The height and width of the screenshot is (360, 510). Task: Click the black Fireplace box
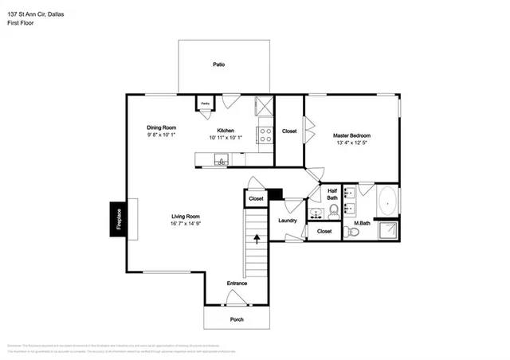(118, 217)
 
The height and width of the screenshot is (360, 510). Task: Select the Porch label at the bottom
(237, 319)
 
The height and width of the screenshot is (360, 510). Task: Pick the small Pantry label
(205, 104)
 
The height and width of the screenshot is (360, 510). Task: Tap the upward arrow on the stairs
(257, 237)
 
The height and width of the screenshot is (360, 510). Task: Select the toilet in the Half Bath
(333, 211)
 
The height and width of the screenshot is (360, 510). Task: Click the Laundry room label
(288, 221)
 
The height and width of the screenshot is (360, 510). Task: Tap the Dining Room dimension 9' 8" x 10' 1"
(161, 135)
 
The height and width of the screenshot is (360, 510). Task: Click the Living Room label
(185, 216)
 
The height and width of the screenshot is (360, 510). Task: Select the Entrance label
(237, 283)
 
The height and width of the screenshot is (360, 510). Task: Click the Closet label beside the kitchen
(289, 131)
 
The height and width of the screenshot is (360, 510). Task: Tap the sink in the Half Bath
(315, 213)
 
